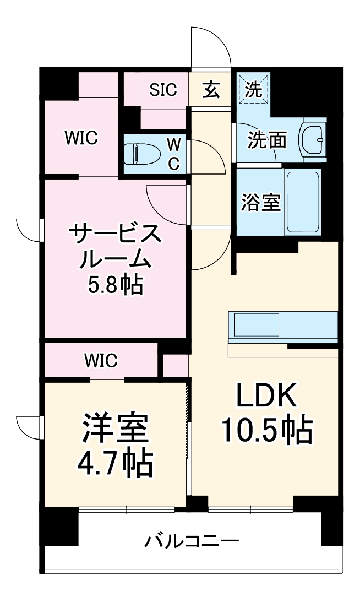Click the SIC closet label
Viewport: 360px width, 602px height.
coord(164,90)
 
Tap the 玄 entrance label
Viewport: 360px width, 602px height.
coord(210,90)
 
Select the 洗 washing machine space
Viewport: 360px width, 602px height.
coord(253,90)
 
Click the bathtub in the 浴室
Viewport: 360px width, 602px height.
coord(303,202)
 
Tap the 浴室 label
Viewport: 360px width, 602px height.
coord(261,203)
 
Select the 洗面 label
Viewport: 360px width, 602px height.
coord(267,140)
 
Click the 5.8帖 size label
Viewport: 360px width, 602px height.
coord(116,284)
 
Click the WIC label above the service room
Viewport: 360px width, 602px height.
coord(80,138)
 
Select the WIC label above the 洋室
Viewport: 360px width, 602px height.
coord(101,361)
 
